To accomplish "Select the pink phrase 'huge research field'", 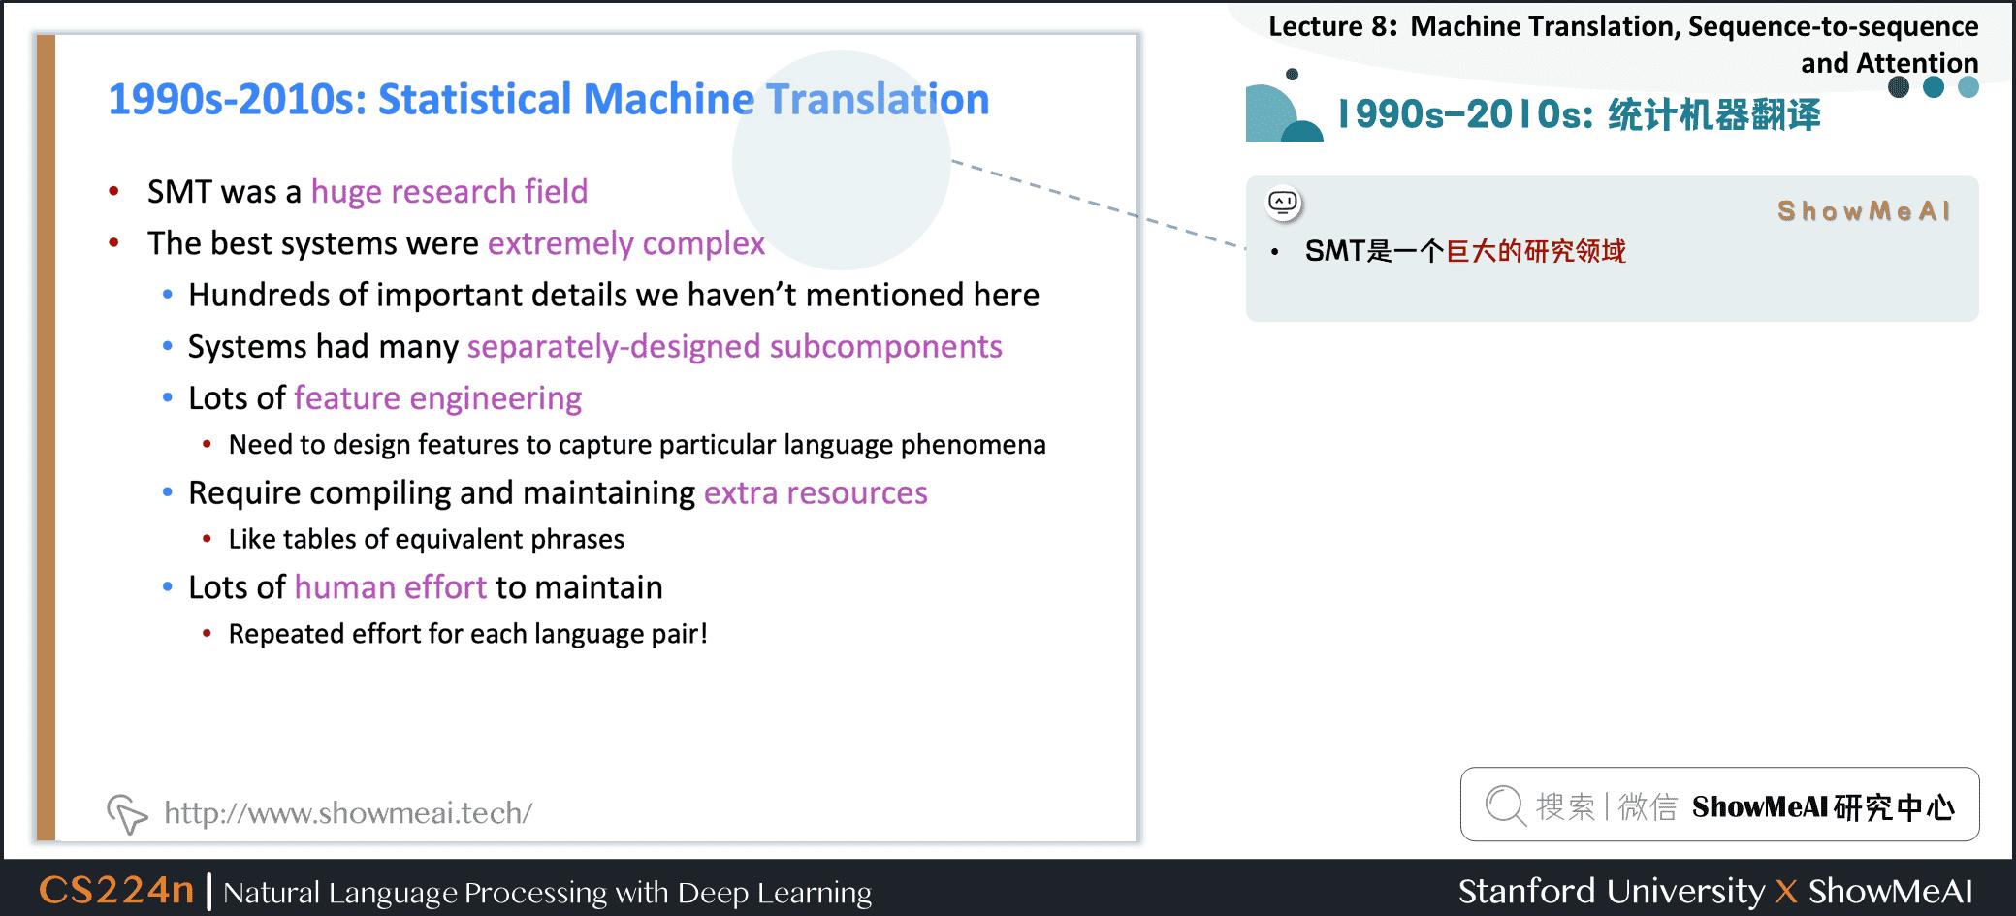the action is pos(449,192).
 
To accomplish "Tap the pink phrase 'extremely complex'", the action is pos(626,243).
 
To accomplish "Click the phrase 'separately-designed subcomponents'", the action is pos(735,347).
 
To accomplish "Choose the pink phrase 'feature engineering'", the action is pos(438,398).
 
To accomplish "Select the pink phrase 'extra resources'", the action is pos(816,493).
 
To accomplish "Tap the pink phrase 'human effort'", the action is pos(391,587).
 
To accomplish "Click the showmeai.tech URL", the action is pos(348,812).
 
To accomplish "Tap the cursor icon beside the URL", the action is pos(127,814).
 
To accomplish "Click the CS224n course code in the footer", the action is pos(116,890).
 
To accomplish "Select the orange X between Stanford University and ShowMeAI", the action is pos(1786,892).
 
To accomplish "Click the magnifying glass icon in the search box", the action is pos(1506,805).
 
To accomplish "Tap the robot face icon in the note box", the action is pos(1284,203).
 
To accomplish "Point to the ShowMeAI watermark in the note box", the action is pos(1864,211).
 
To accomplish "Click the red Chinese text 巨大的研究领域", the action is pos(1536,252).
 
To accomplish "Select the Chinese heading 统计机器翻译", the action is pos(1714,115).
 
